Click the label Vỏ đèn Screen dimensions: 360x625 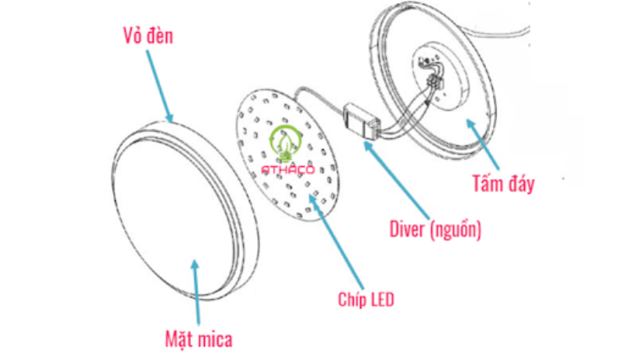tap(148, 36)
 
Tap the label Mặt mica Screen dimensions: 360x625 tap(198, 339)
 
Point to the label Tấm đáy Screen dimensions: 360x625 tap(503, 184)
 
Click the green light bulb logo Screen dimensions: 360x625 tap(282, 141)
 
